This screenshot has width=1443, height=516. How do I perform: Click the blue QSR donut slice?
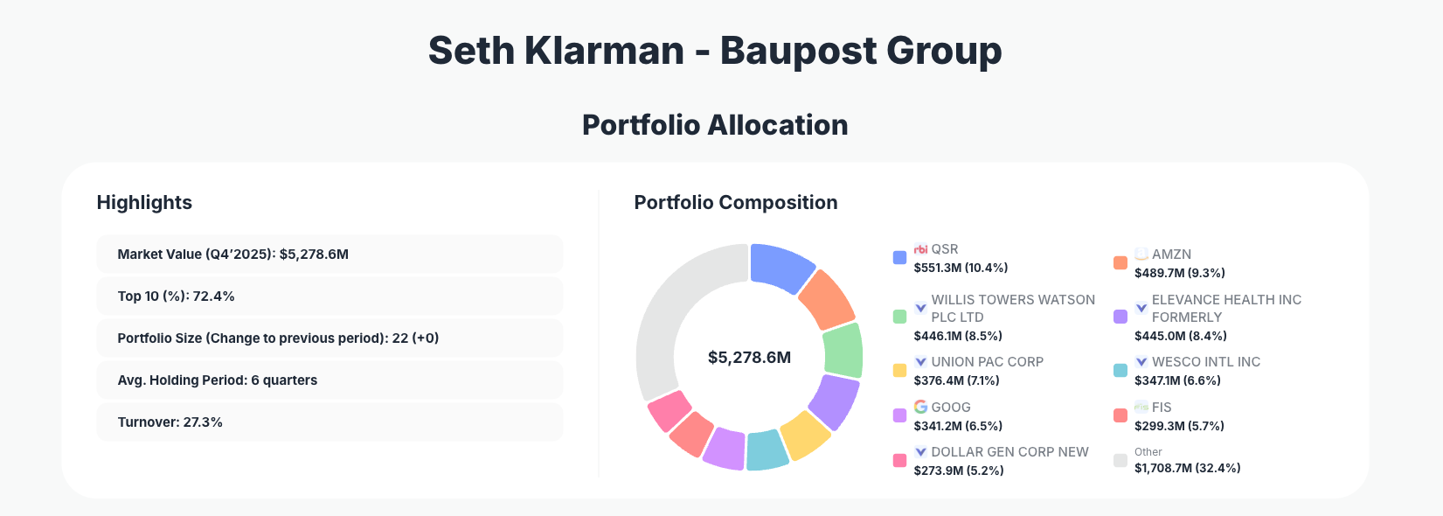780,266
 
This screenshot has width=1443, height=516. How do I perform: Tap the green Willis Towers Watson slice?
843,350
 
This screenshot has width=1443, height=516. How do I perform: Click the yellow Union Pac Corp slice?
804,435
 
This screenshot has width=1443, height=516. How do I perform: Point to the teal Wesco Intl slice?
767,450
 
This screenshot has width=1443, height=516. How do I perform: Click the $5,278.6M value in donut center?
749,358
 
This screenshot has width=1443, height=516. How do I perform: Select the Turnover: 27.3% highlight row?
329,422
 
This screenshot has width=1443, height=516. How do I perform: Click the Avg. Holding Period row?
329,380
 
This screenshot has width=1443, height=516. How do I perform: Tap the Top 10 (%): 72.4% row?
329,296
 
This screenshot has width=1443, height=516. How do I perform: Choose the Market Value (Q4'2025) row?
329,255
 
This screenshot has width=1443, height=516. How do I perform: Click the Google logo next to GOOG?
920,407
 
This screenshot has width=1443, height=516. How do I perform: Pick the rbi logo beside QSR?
920,249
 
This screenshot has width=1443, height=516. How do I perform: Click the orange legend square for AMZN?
1120,263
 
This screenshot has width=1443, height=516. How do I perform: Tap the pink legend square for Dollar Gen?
899,461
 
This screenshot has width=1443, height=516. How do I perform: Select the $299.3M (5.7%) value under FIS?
1178,426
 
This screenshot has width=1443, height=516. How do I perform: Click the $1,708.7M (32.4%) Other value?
1187,468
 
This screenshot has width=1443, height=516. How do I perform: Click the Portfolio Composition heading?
735,203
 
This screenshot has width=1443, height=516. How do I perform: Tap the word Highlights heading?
144,203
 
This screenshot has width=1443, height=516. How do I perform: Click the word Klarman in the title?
604,51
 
